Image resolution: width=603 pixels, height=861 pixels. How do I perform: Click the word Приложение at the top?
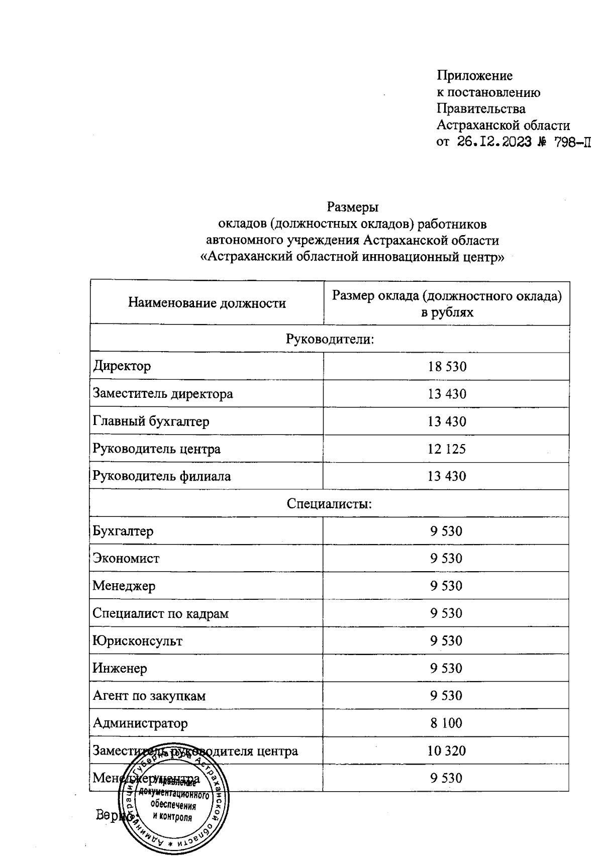pyautogui.click(x=474, y=76)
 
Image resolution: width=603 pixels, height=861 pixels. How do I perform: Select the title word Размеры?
pyautogui.click(x=352, y=206)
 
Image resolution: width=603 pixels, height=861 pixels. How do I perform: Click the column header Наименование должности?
pyautogui.click(x=207, y=303)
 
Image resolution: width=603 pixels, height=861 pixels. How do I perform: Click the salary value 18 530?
pyautogui.click(x=447, y=366)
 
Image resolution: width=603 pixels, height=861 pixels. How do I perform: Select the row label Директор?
pyautogui.click(x=122, y=366)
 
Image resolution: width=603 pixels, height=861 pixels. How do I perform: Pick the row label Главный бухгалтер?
pyautogui.click(x=151, y=421)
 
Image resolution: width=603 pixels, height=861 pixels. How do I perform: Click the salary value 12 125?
pyautogui.click(x=446, y=449)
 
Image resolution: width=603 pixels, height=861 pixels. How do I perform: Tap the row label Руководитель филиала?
pyautogui.click(x=162, y=476)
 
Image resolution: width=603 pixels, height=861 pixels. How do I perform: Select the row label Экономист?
pyautogui.click(x=126, y=558)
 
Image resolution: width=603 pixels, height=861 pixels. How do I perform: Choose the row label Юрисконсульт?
pyautogui.click(x=137, y=640)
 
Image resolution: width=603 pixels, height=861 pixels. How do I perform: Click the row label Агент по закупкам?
pyautogui.click(x=149, y=696)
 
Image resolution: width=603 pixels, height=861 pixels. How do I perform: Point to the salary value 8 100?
pyautogui.click(x=446, y=723)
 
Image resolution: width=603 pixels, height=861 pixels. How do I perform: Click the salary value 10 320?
pyautogui.click(x=446, y=750)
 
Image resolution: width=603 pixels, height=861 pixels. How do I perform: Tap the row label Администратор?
pyautogui.click(x=140, y=723)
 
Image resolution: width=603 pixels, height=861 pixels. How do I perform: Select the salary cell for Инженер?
pyautogui.click(x=446, y=668)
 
